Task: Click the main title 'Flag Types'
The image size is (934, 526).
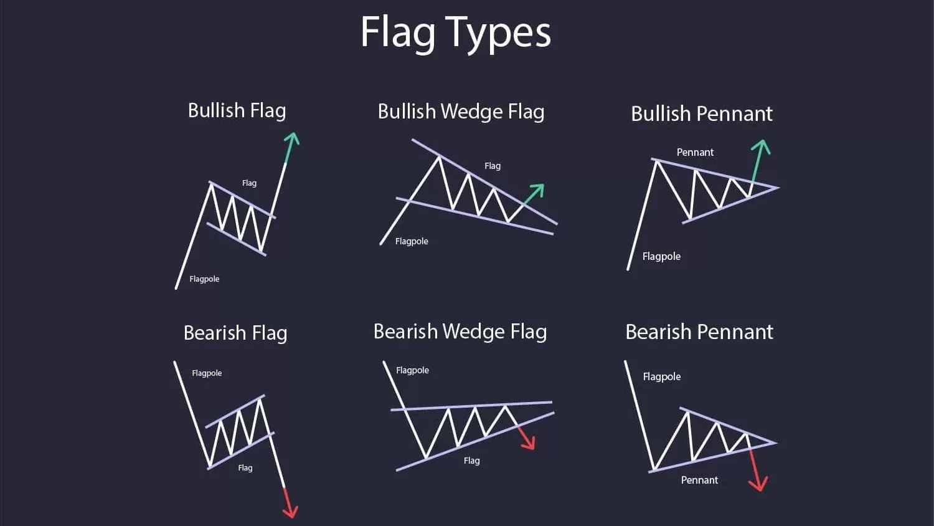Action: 456,32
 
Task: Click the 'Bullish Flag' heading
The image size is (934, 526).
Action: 237,110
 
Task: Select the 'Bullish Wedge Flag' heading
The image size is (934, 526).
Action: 461,112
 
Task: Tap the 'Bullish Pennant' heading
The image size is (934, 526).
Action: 701,113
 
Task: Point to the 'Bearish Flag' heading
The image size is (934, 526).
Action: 235,333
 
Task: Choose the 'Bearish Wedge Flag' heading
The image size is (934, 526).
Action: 460,332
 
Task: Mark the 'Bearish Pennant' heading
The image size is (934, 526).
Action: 699,332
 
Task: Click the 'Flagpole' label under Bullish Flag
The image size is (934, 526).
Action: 204,279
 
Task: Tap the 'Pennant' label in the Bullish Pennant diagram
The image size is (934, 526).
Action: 695,152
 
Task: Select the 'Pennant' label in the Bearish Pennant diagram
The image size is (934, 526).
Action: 699,480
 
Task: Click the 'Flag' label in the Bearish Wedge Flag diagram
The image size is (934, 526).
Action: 471,461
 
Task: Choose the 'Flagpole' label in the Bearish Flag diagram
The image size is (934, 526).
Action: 207,373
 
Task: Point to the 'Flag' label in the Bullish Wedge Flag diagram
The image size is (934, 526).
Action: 493,166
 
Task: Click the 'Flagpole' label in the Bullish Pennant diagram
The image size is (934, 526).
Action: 661,256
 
